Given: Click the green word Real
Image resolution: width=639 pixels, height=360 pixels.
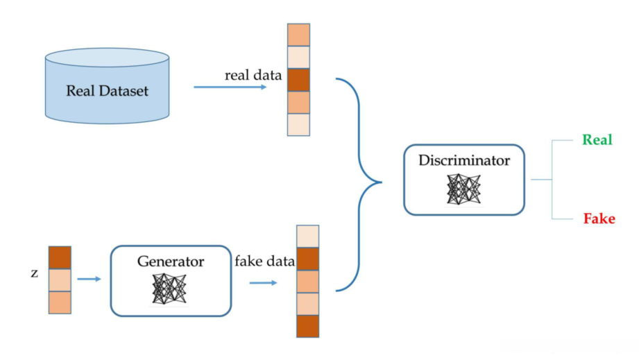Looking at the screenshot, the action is (x=597, y=139).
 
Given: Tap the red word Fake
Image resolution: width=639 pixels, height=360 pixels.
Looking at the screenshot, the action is (x=599, y=218).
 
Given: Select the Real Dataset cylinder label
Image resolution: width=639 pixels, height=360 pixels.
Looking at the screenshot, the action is (x=107, y=90).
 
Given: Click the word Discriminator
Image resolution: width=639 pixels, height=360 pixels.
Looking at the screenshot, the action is (x=464, y=160).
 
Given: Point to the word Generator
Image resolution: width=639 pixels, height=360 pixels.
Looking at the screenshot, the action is (x=171, y=261).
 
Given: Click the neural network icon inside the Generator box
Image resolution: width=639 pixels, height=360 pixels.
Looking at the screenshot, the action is (x=169, y=289).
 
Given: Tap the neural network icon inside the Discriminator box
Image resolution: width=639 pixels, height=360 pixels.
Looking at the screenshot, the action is (x=463, y=189).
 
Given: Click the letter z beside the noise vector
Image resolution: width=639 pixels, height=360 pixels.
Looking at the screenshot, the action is (x=35, y=273).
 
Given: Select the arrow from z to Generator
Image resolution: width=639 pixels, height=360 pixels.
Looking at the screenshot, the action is (x=89, y=279).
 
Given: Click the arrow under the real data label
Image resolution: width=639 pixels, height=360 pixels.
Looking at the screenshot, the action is (x=230, y=87).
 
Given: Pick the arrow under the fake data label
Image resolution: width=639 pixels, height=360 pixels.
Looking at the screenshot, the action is (x=263, y=282).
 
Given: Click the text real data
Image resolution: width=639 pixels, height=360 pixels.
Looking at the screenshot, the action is (x=253, y=75).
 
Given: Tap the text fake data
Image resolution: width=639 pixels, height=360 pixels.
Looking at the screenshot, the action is (x=264, y=261).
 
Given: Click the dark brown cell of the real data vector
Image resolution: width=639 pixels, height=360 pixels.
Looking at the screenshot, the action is (x=298, y=80).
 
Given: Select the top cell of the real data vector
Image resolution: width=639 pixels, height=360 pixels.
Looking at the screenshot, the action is (x=298, y=35).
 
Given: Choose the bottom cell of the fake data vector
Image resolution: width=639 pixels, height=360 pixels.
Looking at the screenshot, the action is (x=307, y=326).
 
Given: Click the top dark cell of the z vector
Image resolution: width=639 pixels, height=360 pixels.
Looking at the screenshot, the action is (x=60, y=257).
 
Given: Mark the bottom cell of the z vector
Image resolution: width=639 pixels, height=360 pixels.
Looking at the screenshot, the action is (x=60, y=302).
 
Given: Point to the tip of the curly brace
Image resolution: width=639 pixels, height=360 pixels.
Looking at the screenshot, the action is (x=382, y=182).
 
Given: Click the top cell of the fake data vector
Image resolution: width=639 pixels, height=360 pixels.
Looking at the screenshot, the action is (x=307, y=237).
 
